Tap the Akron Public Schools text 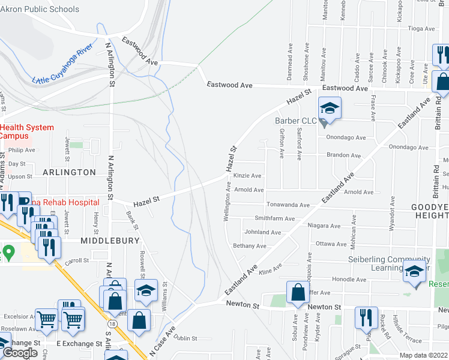[x=40, y=9]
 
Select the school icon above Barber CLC [x=329, y=109]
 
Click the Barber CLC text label [x=295, y=121]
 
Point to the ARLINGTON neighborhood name [x=70, y=172]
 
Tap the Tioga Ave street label [x=421, y=28]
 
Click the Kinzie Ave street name [x=247, y=176]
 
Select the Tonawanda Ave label [x=288, y=205]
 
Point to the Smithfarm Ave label [x=274, y=219]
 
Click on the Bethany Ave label [x=250, y=246]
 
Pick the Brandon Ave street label [x=343, y=155]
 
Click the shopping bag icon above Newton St [x=298, y=293]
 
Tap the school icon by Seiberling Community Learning [x=414, y=272]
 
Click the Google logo [x=20, y=353]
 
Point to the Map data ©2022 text [x=423, y=355]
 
